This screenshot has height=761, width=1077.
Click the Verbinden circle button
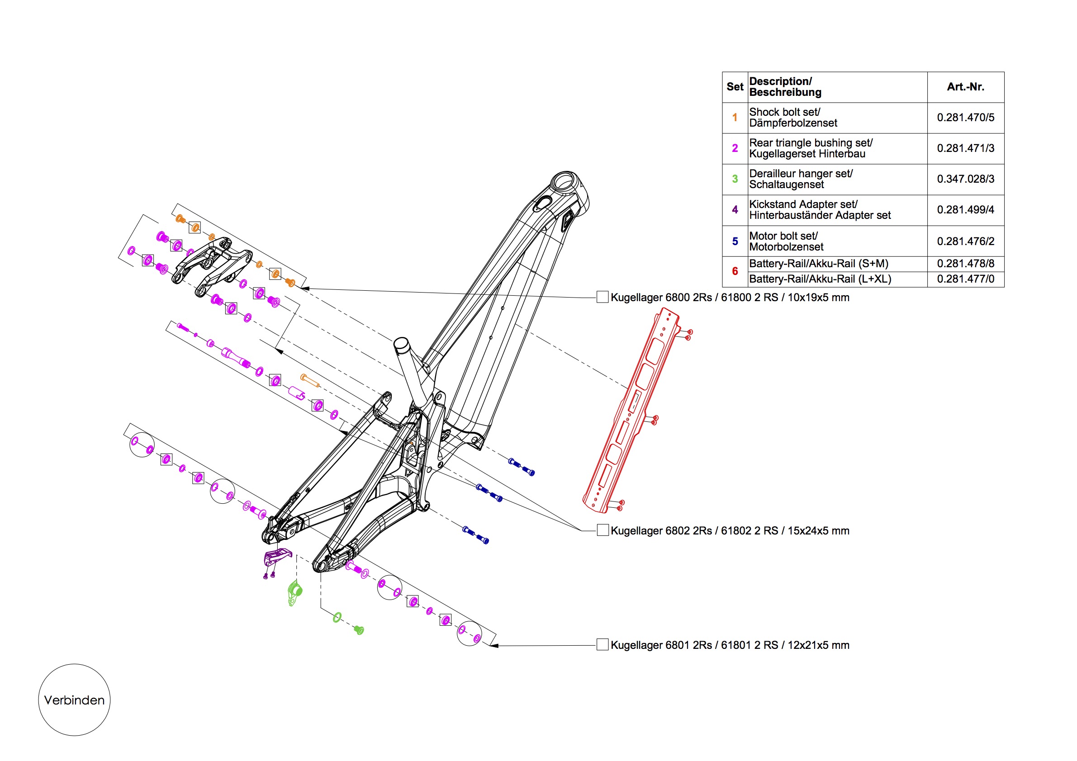[x=74, y=700]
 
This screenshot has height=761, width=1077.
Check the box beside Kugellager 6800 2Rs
[x=603, y=297]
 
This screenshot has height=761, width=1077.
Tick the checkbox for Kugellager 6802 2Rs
[x=603, y=530]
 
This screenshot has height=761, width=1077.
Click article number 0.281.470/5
[x=965, y=118]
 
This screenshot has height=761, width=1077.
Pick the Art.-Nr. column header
[x=965, y=87]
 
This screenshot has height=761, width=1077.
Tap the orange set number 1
[x=735, y=118]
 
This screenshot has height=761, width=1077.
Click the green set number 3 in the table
[x=735, y=179]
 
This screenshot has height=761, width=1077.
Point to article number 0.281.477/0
[x=965, y=279]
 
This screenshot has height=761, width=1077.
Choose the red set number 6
[x=735, y=271]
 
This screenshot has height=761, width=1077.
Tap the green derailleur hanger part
[x=294, y=594]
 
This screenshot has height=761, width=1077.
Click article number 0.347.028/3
[x=965, y=179]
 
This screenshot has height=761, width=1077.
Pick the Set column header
[x=735, y=87]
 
